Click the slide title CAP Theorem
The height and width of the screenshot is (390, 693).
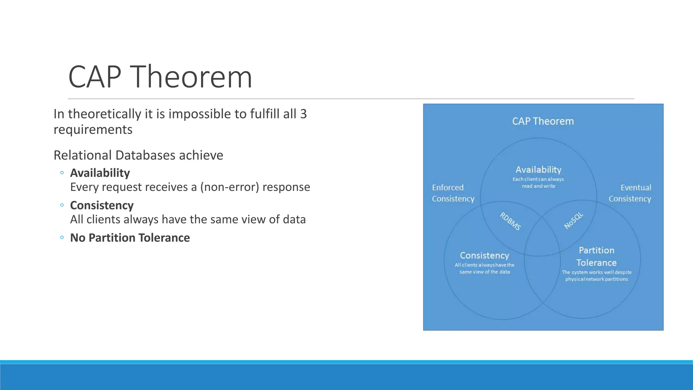(160, 77)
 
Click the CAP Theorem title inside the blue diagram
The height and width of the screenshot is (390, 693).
(543, 121)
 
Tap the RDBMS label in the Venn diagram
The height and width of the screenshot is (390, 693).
(510, 221)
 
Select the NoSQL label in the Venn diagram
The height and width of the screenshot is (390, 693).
(574, 220)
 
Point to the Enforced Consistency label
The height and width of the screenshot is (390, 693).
(453, 193)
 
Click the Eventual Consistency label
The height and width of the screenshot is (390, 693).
(630, 193)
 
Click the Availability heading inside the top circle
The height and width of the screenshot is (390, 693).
(538, 170)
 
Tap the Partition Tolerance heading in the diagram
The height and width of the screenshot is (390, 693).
(596, 256)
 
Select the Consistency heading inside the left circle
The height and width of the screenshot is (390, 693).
(484, 255)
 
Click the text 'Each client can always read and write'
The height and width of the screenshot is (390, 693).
(538, 182)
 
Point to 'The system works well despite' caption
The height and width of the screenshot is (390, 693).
(596, 273)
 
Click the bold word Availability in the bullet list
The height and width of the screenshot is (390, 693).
(100, 173)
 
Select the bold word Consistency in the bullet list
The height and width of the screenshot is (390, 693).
(102, 205)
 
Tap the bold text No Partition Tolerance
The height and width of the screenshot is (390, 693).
(130, 238)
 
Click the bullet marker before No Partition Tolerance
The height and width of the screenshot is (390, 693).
(62, 238)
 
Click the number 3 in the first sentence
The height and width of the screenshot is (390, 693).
(303, 114)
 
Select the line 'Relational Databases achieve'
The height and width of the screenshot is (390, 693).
(138, 155)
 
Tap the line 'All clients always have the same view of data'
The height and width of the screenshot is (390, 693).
(188, 219)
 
